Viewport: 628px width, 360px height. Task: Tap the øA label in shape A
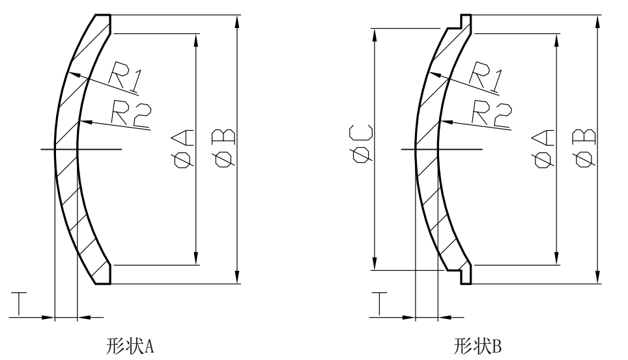pos(185,148)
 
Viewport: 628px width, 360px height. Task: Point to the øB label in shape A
pos(225,148)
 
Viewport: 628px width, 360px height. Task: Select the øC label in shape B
pos(362,148)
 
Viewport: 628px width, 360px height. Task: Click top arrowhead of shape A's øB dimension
pos(238,19)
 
